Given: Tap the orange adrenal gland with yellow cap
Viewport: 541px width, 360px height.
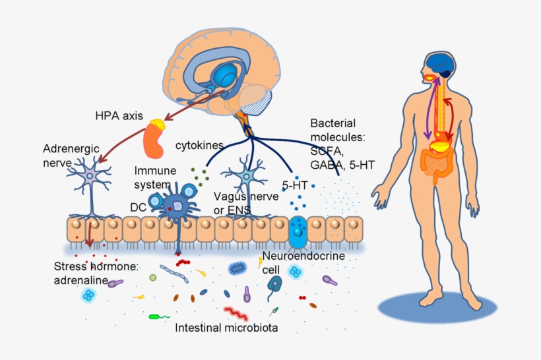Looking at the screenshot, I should pos(156,139).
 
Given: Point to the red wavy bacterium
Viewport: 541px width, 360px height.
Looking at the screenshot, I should pos(236,313).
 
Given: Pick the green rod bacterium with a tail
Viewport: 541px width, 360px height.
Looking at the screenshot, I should pos(159,316).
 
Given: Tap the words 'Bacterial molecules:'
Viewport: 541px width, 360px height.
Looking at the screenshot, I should pos(342,130).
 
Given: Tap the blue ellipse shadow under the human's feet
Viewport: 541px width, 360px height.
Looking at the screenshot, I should pos(436,309).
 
